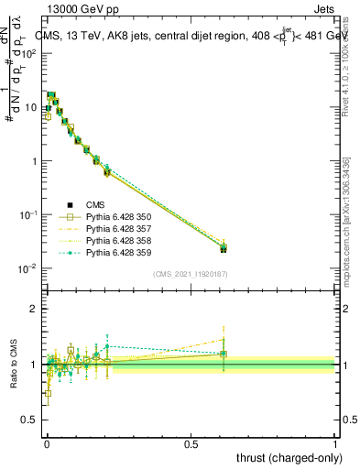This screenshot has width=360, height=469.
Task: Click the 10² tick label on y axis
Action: click(x=30, y=53)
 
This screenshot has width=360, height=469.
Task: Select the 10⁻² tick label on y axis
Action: click(x=29, y=268)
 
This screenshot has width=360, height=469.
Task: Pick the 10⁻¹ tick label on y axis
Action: click(x=29, y=214)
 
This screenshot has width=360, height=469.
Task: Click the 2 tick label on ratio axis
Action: click(x=37, y=310)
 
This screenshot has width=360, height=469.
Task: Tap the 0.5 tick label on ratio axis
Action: click(x=32, y=419)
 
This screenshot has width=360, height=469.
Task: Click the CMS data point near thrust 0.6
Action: click(x=224, y=248)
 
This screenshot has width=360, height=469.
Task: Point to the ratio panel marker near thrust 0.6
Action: click(x=224, y=354)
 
